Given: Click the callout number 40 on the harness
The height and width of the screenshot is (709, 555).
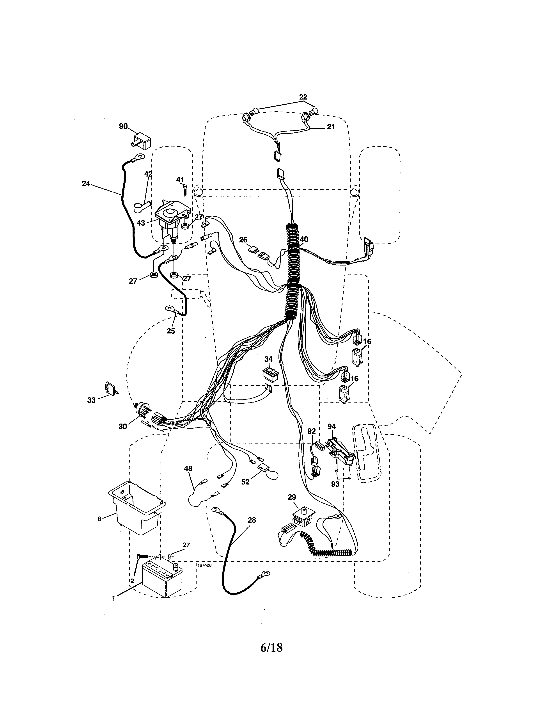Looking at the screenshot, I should pyautogui.click(x=304, y=240).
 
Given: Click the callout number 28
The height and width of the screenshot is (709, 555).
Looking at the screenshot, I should pyautogui.click(x=252, y=520).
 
